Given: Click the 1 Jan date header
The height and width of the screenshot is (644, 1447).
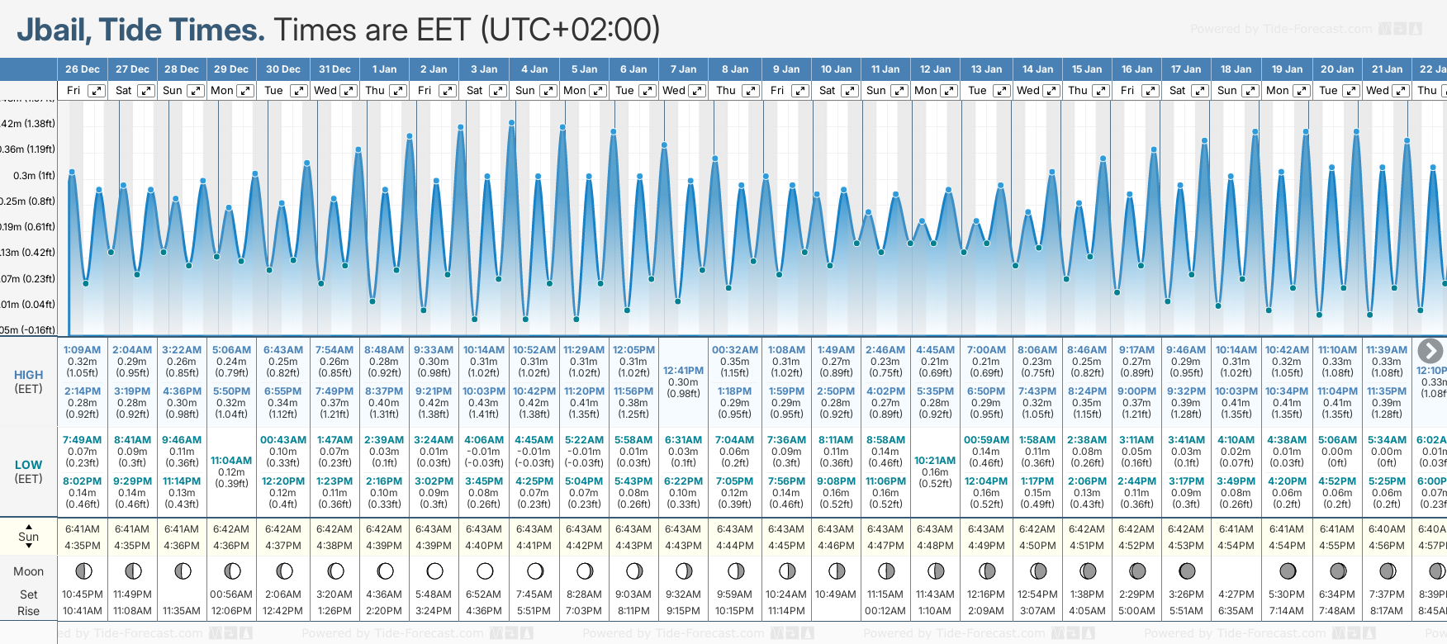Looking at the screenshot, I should click(x=384, y=69).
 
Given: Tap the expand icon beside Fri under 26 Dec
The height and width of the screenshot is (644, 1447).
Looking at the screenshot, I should click(x=97, y=91).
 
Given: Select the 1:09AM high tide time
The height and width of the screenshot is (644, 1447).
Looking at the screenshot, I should click(x=82, y=350).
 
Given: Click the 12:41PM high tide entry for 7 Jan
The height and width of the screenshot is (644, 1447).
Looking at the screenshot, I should click(x=683, y=371).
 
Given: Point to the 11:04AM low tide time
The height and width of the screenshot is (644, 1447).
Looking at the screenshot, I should click(x=231, y=461).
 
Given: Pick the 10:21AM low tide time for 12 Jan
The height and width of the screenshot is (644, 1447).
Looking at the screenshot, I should click(x=935, y=461).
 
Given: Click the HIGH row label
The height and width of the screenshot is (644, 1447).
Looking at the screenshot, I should click(x=28, y=375).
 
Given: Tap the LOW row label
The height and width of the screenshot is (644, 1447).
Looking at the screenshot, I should click(x=28, y=465).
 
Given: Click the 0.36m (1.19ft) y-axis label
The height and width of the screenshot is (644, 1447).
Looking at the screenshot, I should click(x=28, y=149).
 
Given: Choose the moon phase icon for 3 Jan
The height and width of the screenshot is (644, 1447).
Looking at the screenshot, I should click(x=485, y=571).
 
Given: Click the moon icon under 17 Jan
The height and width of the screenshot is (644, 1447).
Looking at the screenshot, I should click(x=1187, y=571).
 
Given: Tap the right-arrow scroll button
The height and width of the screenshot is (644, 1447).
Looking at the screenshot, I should click(x=1430, y=351).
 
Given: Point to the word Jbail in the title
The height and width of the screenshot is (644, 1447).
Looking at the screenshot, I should click(x=54, y=31).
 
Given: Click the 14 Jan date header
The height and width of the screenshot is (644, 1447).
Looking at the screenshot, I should click(x=1037, y=69).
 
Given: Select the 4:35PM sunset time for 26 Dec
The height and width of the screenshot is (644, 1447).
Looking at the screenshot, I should click(x=82, y=546).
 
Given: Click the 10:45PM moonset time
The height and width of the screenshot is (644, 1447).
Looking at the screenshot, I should click(x=82, y=594).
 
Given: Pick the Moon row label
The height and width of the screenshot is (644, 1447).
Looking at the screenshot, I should click(x=28, y=571).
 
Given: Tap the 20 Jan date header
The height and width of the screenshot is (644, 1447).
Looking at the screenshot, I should click(x=1336, y=69).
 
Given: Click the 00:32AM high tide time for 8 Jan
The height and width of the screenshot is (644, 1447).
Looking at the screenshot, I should click(x=734, y=350).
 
